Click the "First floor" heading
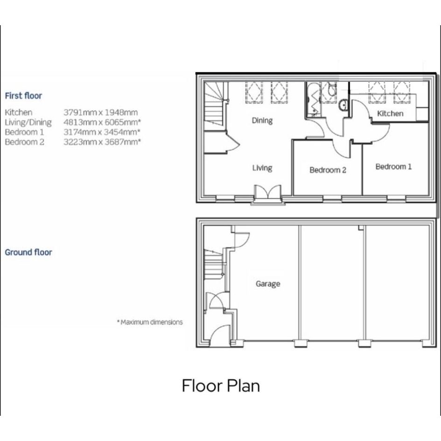[x=23, y=96]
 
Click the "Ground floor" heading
[x=28, y=252]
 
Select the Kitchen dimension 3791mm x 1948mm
[x=101, y=112]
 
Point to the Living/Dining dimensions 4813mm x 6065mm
[x=102, y=122]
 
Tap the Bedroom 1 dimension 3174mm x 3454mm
[x=102, y=132]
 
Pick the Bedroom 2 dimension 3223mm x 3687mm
[x=102, y=142]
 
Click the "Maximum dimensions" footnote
[x=150, y=322]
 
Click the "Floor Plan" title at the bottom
[x=221, y=385]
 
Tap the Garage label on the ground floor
[x=268, y=284]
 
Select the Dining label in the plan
[x=262, y=121]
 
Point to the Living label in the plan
[x=262, y=168]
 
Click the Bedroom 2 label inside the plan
[x=328, y=170]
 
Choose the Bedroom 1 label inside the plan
[x=393, y=167]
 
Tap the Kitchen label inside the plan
[x=390, y=113]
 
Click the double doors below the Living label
[x=268, y=194]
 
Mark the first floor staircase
[x=215, y=104]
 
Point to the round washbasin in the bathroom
[x=343, y=105]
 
